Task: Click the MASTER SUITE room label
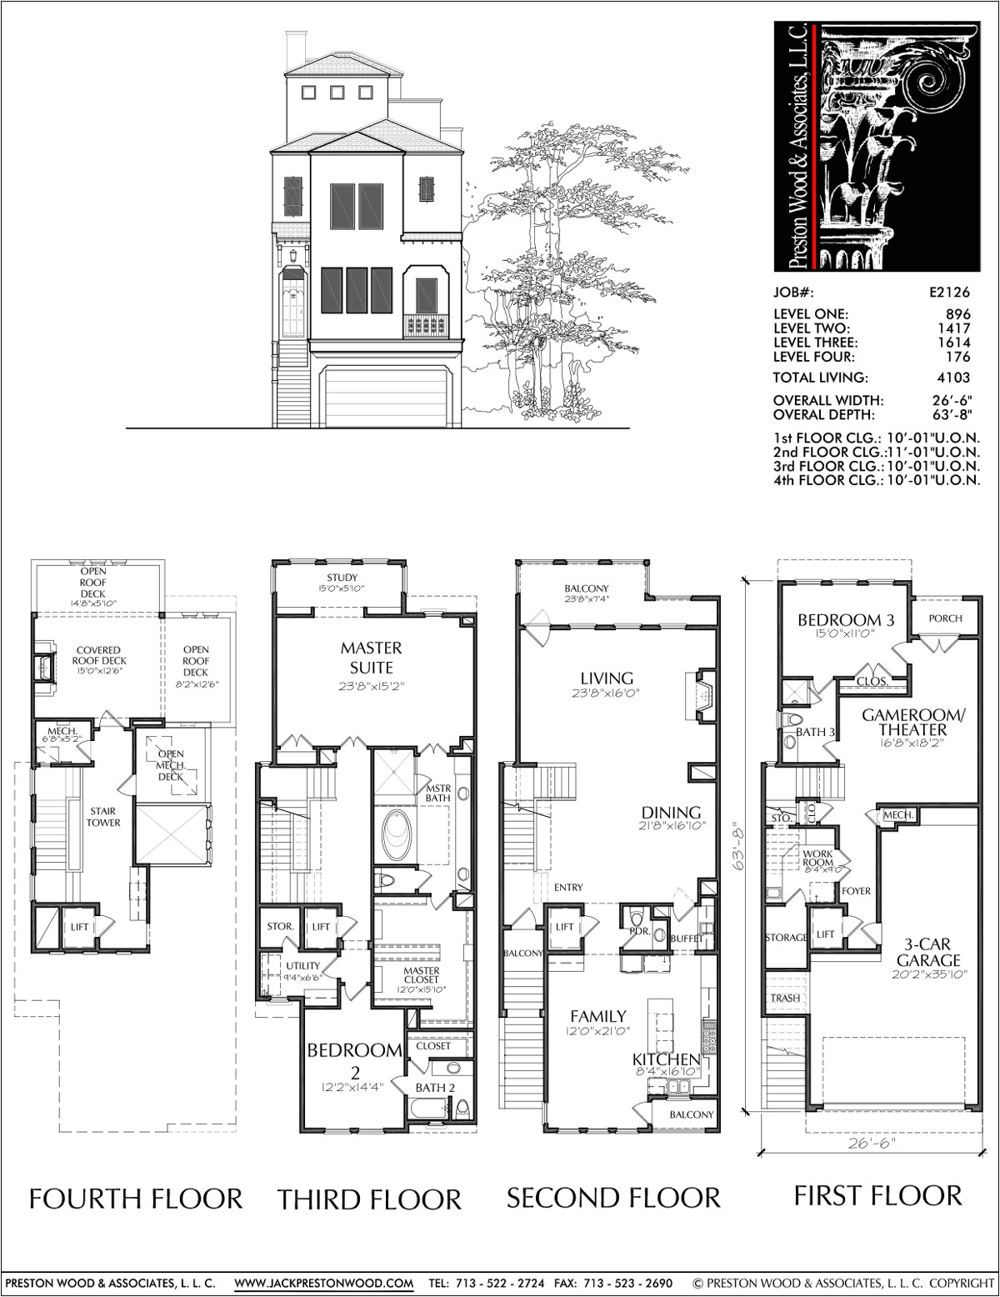[371, 657]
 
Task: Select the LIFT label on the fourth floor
[79, 927]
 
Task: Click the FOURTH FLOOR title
[136, 1199]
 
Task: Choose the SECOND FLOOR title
[613, 1199]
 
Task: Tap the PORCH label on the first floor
[945, 618]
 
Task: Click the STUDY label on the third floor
[342, 578]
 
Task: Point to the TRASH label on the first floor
[785, 998]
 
